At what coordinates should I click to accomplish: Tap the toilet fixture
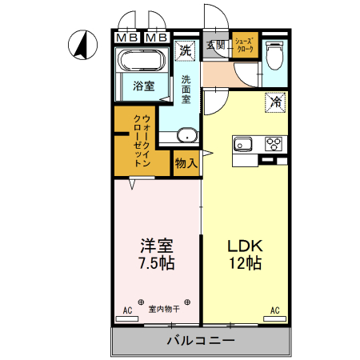274,55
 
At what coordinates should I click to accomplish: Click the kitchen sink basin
243,145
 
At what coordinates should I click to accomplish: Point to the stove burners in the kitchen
273,145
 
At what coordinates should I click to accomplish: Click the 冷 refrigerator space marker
274,102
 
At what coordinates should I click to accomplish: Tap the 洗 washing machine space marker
185,50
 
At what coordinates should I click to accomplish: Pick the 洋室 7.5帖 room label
156,253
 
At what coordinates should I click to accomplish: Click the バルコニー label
200,341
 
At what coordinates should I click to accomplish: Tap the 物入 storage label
186,163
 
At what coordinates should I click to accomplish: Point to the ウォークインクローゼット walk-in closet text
140,141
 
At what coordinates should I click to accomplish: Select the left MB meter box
126,37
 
